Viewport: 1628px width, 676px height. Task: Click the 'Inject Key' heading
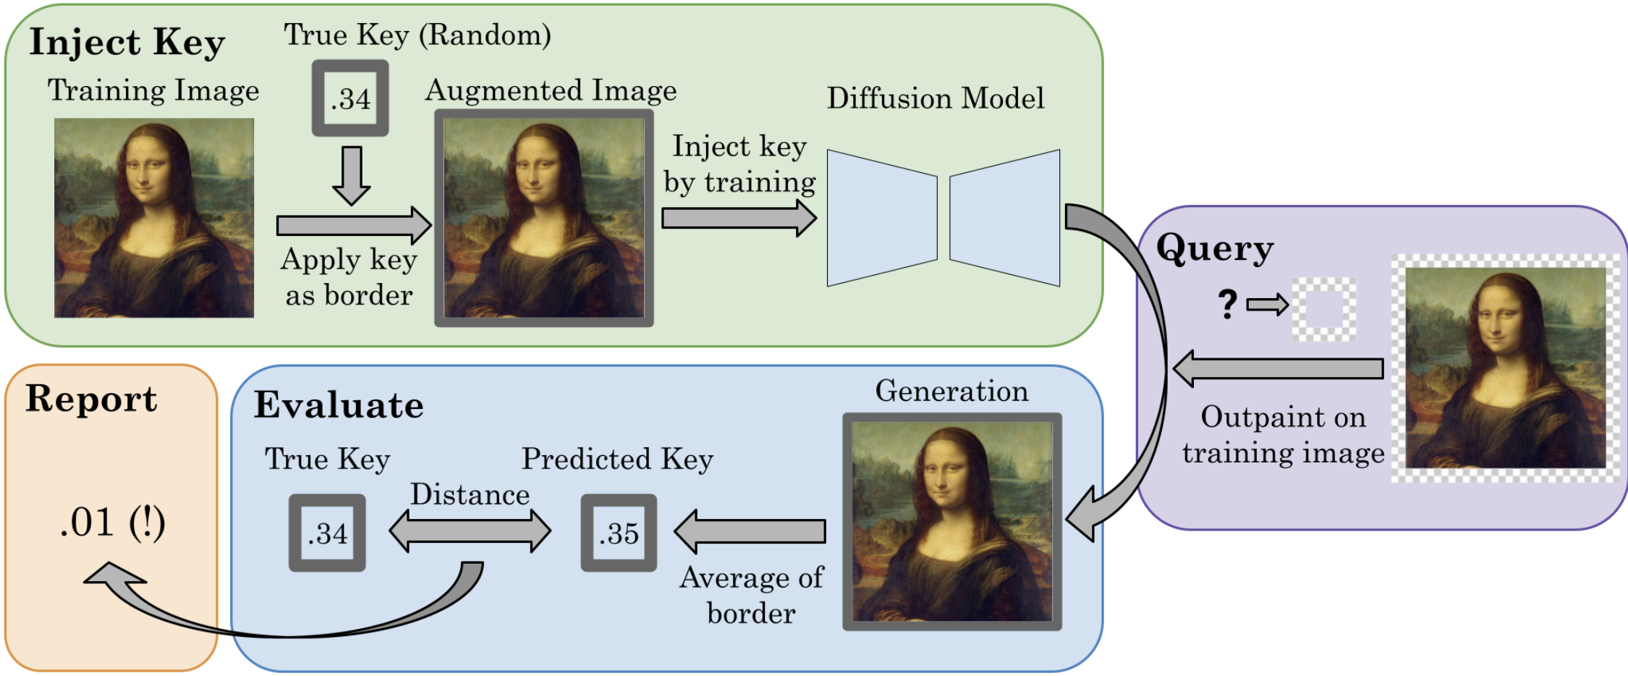127,42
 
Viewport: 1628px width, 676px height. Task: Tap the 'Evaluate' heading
338,405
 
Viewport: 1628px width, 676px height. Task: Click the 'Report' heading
91,399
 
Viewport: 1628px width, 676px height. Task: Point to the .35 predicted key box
619,533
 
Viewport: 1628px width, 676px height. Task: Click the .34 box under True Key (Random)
350,98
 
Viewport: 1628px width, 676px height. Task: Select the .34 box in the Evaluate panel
327,533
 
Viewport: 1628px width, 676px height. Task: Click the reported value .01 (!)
112,522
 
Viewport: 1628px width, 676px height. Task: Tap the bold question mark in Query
1228,304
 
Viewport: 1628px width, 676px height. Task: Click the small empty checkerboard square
1323,310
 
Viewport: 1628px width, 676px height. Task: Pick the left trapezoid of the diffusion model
881,218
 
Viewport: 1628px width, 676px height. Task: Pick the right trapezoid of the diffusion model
1005,218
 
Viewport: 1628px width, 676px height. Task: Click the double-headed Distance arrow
470,531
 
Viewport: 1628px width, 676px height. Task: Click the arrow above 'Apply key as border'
353,225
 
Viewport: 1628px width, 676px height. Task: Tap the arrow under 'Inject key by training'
738,218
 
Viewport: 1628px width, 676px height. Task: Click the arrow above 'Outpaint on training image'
1278,368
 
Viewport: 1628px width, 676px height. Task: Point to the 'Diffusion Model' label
935,98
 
